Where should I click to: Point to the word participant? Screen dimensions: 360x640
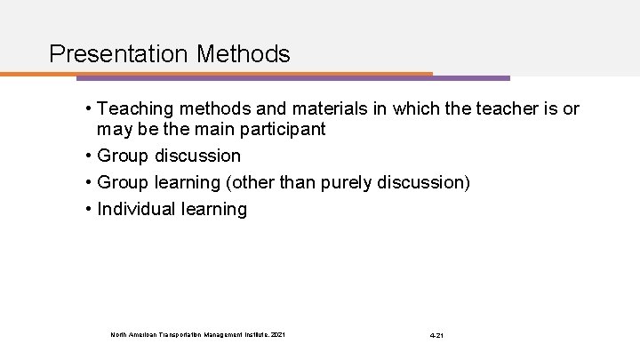tap(284, 129)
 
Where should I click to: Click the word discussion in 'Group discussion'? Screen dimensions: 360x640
tap(196, 156)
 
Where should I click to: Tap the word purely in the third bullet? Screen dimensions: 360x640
tap(363, 182)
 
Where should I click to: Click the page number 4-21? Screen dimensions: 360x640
tap(436, 335)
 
